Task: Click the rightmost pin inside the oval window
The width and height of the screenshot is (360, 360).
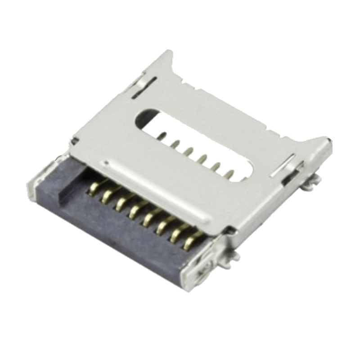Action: point(230,174)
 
